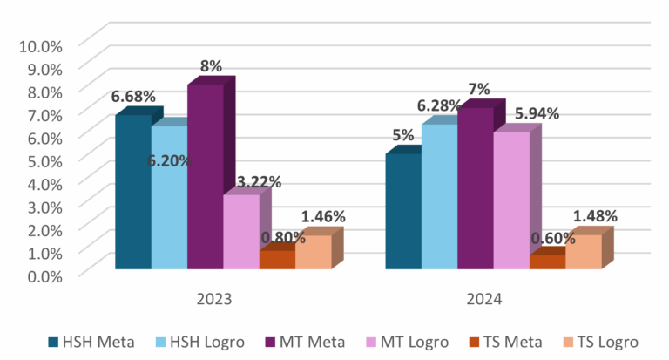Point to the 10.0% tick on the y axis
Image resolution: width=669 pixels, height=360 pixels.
click(x=40, y=45)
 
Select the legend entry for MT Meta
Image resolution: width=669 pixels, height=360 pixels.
click(x=305, y=342)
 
